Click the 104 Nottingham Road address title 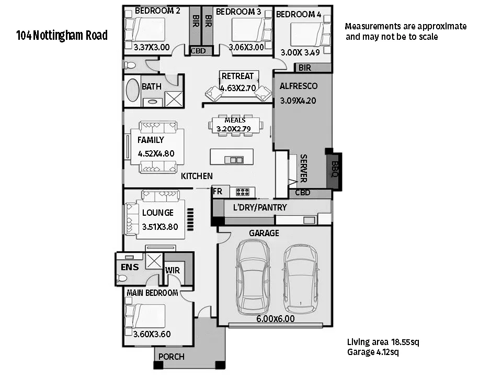coord(62,35)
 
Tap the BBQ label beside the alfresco coord(335,169)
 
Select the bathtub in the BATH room coord(132,91)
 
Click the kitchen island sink coord(234,159)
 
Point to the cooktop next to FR coord(242,192)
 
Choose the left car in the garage coord(253,277)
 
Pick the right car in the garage coord(301,279)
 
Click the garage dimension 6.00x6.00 coord(276,319)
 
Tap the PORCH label coord(172,357)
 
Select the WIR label coord(173,270)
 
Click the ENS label coord(130,267)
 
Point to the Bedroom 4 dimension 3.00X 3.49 coord(300,52)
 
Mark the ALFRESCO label coord(299,86)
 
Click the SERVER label coord(303,168)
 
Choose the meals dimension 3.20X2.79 coord(233,129)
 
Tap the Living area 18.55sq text coord(383,342)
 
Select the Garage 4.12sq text coord(373,352)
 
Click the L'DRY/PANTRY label coord(260,207)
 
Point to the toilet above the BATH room coord(130,65)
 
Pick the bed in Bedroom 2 coord(145,29)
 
